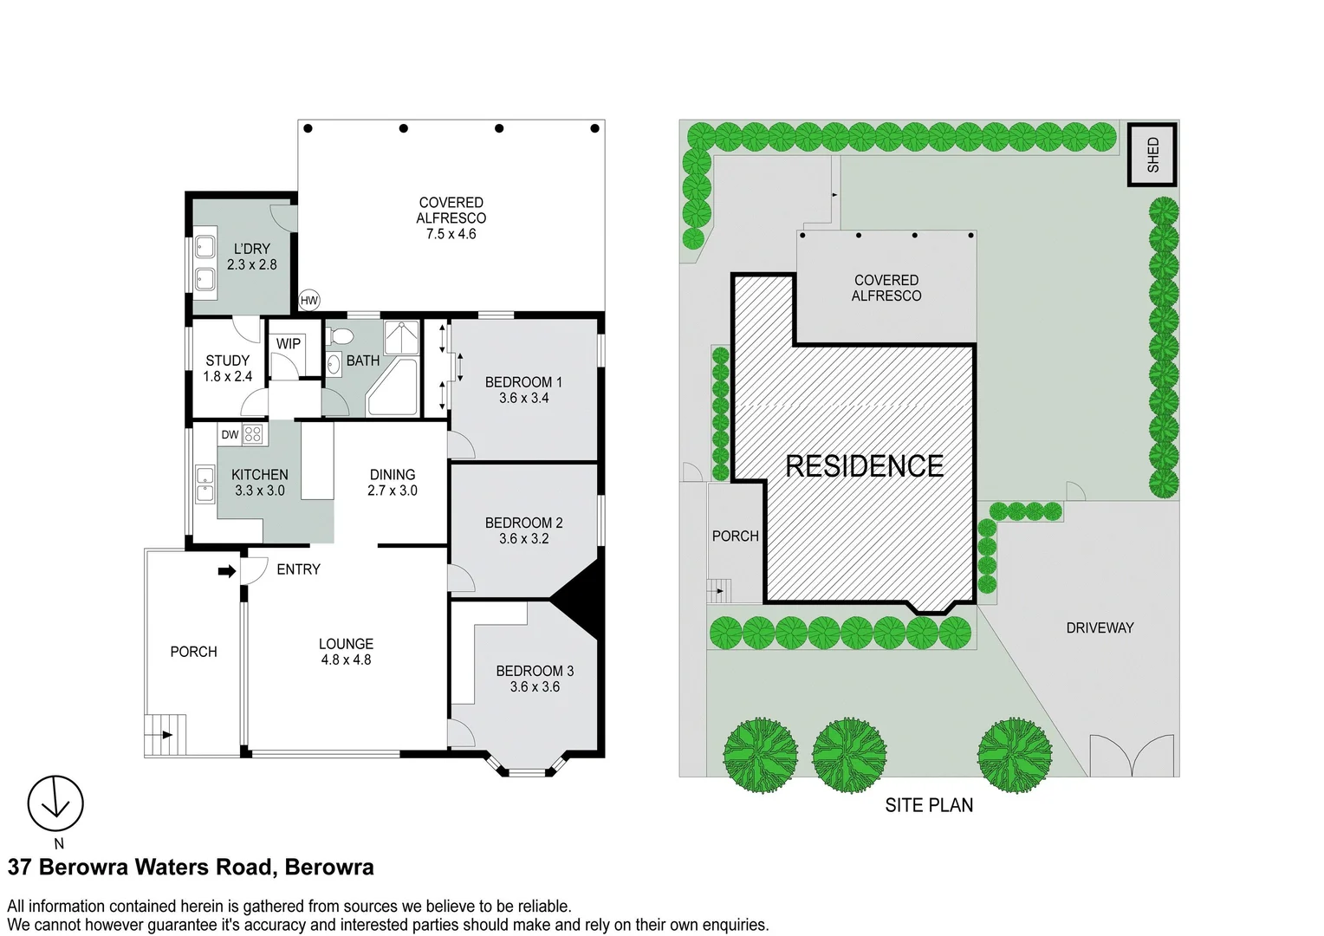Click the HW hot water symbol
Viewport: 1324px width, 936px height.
pyautogui.click(x=309, y=301)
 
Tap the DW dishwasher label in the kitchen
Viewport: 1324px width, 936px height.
pyautogui.click(x=230, y=434)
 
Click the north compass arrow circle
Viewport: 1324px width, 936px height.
pyautogui.click(x=55, y=803)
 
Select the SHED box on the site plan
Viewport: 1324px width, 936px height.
pyautogui.click(x=1152, y=155)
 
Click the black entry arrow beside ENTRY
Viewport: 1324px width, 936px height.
pyautogui.click(x=226, y=571)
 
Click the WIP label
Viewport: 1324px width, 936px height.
pyautogui.click(x=289, y=344)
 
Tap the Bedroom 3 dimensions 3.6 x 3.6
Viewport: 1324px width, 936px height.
pyautogui.click(x=535, y=686)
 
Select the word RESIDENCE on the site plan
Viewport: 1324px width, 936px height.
pyautogui.click(x=864, y=466)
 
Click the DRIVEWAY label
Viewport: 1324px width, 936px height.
pyautogui.click(x=1100, y=627)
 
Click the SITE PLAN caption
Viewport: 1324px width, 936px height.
pyautogui.click(x=929, y=805)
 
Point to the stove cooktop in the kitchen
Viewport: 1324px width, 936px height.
pyautogui.click(x=253, y=434)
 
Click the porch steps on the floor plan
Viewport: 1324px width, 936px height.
pyautogui.click(x=165, y=735)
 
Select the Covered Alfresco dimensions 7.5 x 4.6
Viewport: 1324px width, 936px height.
pyautogui.click(x=451, y=234)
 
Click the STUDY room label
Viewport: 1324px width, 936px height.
pyautogui.click(x=227, y=361)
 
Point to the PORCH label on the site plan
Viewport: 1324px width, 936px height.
pyautogui.click(x=735, y=536)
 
